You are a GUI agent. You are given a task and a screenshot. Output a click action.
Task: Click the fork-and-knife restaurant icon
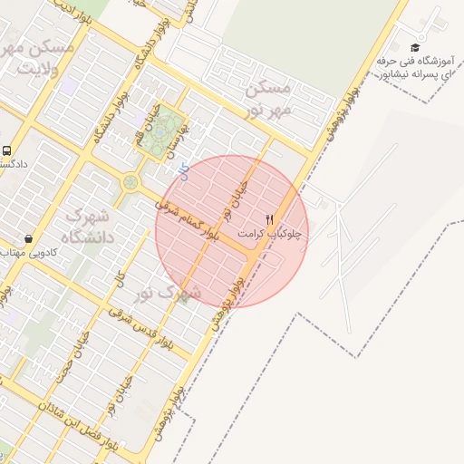pos(268,220)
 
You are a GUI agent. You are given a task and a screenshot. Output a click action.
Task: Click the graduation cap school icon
pos(415,48)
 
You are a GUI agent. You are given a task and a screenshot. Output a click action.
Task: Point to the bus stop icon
pos(7,151)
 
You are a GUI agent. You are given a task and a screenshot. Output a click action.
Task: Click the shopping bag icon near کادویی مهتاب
pos(29,239)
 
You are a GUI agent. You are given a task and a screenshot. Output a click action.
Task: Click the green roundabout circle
pos(131,182)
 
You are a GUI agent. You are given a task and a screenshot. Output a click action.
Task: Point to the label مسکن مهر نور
pos(269,99)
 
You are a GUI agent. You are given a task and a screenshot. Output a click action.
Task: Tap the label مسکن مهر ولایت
pos(36,56)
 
